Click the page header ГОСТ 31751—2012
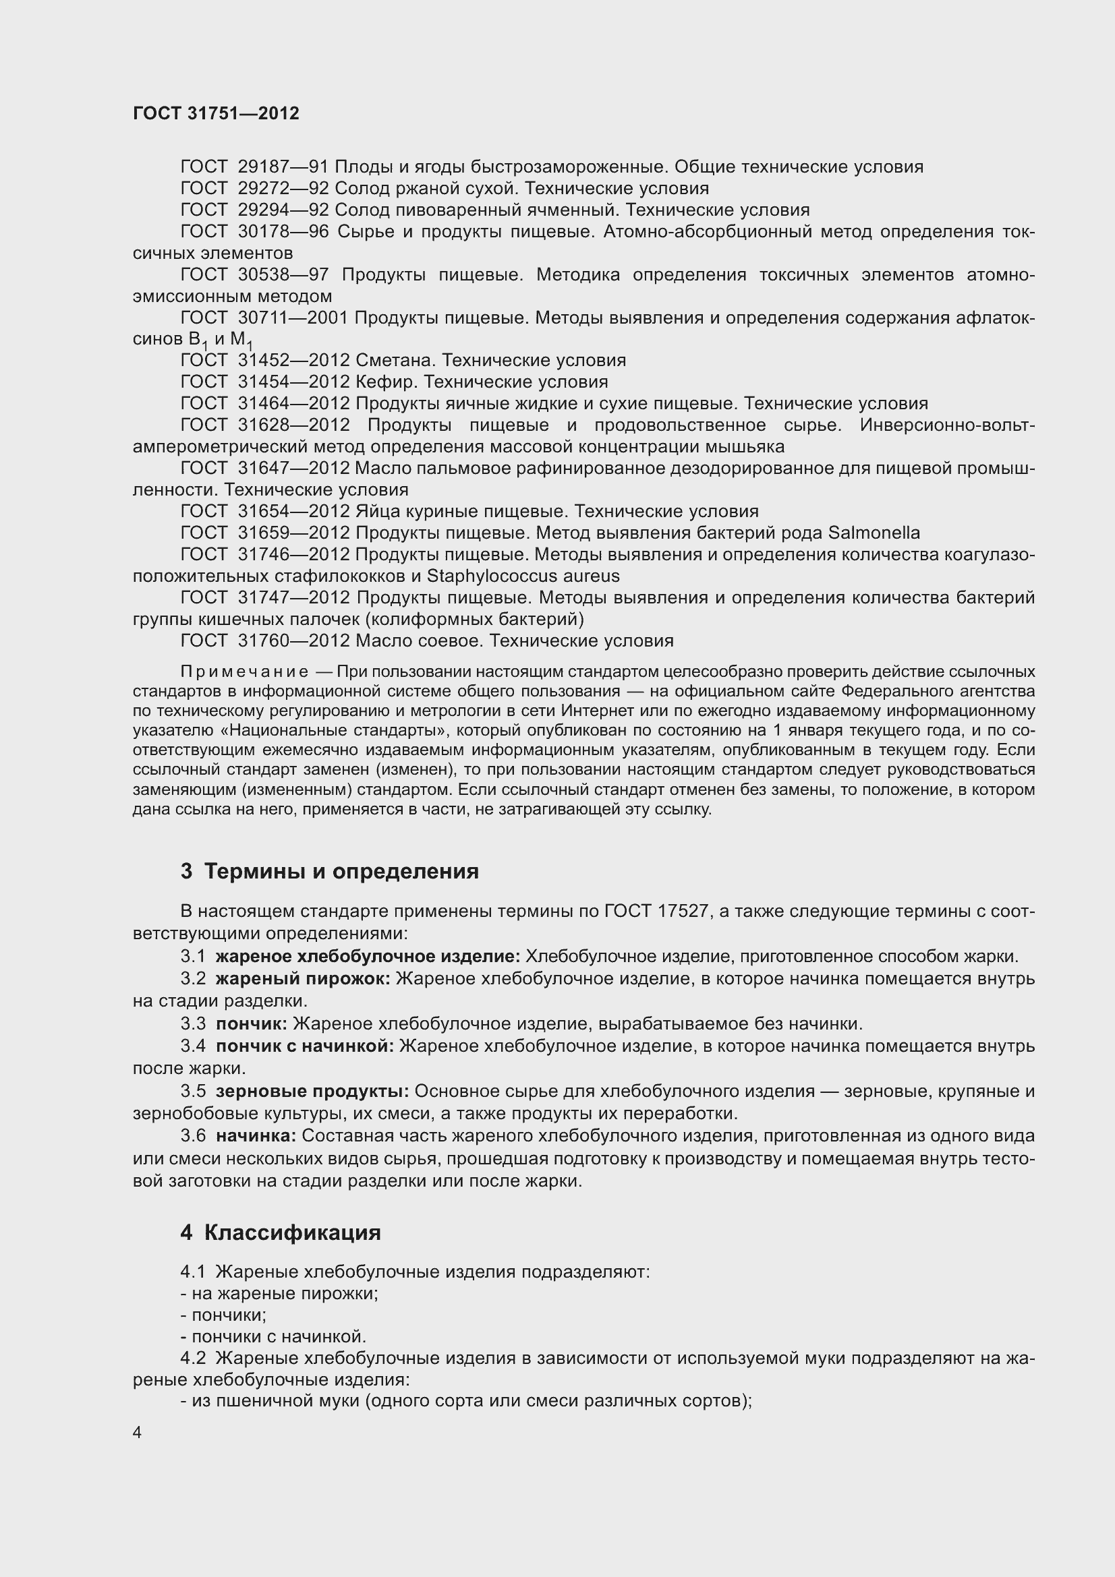click(216, 114)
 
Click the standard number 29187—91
click(283, 167)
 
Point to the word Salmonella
click(874, 533)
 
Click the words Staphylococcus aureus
click(523, 576)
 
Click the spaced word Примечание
click(244, 672)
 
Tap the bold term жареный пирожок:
click(303, 979)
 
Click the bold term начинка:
click(256, 1136)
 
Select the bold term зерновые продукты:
click(312, 1092)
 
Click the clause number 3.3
click(193, 1024)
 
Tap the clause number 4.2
click(193, 1358)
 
